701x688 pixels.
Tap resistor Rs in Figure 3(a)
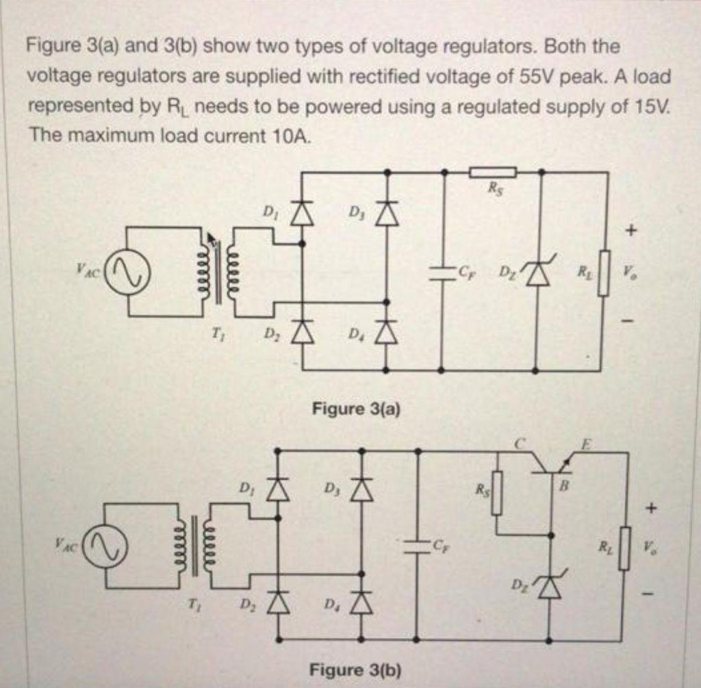[x=492, y=172]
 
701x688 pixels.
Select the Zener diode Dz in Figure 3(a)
[x=539, y=273]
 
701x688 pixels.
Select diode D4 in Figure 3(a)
[x=387, y=333]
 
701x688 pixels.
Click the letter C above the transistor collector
[x=520, y=444]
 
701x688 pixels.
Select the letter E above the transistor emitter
[x=583, y=443]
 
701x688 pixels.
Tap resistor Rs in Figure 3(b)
[x=498, y=492]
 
